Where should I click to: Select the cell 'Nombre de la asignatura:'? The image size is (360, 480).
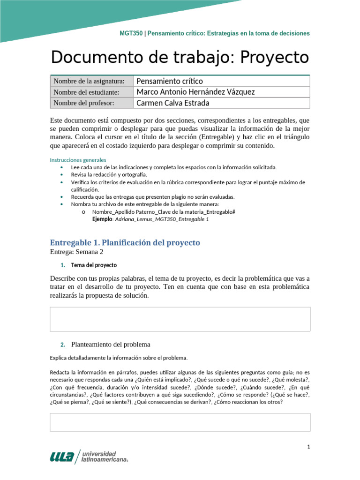pos(89,81)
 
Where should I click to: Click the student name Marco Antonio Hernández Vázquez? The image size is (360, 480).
pos(195,92)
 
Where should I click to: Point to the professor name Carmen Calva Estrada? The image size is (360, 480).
pos(172,103)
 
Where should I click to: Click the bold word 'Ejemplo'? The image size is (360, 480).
pos(102,219)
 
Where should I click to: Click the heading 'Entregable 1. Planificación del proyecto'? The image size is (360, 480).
pos(125,242)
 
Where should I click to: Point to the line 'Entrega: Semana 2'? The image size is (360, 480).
pos(76,252)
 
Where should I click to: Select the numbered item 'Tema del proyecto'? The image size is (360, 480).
pos(94,265)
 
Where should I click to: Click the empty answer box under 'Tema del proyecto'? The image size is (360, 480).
pos(180,319)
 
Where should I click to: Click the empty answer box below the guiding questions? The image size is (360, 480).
pos(180,422)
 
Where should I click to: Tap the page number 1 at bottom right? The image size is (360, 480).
pos(308,447)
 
